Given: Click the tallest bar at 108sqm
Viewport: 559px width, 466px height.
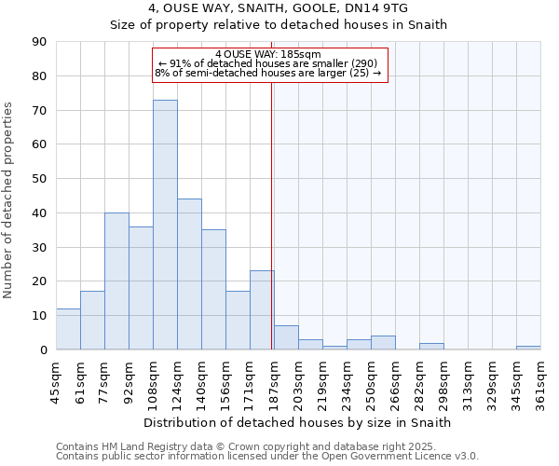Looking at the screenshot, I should click(165, 225).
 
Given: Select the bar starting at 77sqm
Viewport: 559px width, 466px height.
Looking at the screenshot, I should click(116, 281).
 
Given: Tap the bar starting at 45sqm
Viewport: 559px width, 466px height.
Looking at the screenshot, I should click(68, 329).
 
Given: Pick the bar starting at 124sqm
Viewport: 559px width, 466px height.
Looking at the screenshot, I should click(189, 274).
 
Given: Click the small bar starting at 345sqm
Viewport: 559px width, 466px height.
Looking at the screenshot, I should click(528, 348).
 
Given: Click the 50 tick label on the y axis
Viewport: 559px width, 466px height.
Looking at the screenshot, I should click(40, 179).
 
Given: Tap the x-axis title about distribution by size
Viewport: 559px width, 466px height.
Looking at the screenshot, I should click(298, 422).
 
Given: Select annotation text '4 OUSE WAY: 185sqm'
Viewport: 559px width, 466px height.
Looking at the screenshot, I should click(267, 54).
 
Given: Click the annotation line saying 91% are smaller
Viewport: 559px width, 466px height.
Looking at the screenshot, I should click(267, 63).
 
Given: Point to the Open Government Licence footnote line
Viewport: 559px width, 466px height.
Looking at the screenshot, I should click(267, 456).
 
